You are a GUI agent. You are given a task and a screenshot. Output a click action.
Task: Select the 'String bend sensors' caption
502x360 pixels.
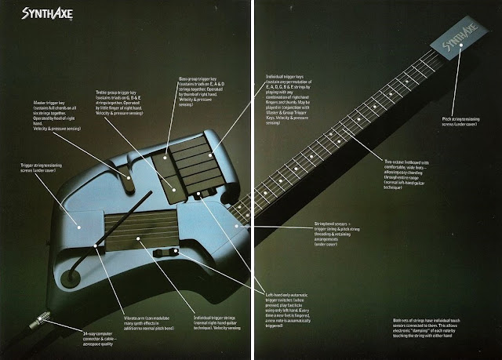(x=338, y=233)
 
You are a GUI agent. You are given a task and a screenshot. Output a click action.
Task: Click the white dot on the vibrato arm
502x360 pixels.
(x=95, y=246)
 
